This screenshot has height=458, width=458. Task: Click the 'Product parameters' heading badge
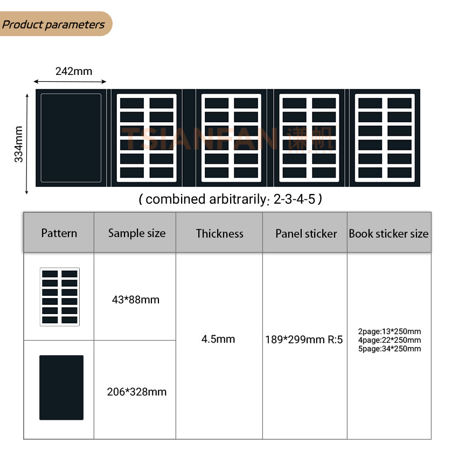point(54,24)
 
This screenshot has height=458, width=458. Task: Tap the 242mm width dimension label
point(74,71)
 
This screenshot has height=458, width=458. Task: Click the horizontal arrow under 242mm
point(70,81)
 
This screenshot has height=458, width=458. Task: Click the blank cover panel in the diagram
point(71,138)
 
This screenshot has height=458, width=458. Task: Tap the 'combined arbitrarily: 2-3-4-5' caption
point(230,199)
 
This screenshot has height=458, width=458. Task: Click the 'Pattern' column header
point(59,233)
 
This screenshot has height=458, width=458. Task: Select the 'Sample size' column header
point(137,233)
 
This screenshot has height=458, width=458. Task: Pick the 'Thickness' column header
point(219,233)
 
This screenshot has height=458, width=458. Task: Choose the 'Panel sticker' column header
point(306,233)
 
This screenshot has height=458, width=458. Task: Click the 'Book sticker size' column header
point(388,234)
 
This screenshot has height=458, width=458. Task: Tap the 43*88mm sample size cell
point(136,300)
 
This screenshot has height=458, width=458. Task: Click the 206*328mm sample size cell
point(137,392)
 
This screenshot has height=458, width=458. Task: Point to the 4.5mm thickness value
point(218,339)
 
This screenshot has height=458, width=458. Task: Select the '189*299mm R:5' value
point(304,340)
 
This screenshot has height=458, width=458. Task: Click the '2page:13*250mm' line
point(390,331)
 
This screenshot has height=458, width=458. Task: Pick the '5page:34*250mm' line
point(390,349)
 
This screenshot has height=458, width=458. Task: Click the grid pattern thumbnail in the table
point(60,297)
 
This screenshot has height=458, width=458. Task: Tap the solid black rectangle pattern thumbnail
point(61,387)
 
